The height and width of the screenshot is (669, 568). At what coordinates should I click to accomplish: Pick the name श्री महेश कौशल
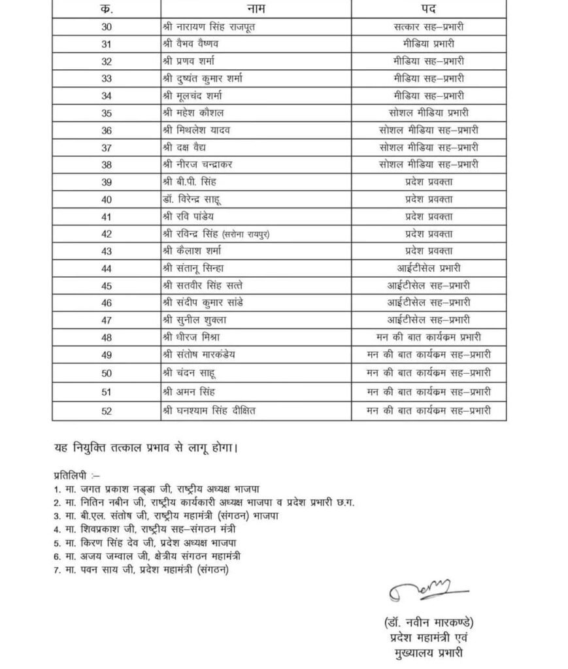pyautogui.click(x=195, y=112)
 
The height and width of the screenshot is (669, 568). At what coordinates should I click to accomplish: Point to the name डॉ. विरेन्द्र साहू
pyautogui.click(x=199, y=199)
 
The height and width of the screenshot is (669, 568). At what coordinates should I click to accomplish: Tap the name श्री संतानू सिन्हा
pyautogui.click(x=196, y=268)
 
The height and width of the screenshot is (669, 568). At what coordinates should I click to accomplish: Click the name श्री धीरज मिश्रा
pyautogui.click(x=194, y=337)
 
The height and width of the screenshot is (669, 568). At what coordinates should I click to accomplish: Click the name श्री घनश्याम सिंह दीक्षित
pyautogui.click(x=209, y=411)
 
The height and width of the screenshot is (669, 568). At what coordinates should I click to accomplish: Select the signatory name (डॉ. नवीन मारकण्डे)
pyautogui.click(x=426, y=620)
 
